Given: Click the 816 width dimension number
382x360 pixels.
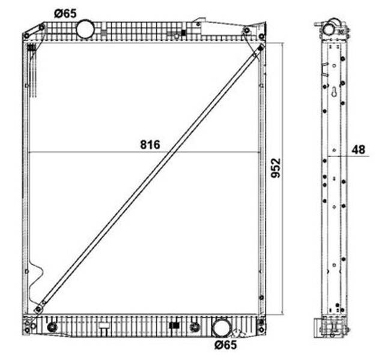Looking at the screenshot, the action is (150, 145).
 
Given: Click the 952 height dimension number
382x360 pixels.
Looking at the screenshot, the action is (276, 168).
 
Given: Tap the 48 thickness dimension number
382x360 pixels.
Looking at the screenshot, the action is (359, 149).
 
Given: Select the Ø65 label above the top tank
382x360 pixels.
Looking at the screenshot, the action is (65, 13).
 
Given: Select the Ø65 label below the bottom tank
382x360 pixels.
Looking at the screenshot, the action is (226, 344).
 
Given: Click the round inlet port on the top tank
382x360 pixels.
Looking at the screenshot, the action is (85, 29).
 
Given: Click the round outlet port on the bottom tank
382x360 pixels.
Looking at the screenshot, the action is (222, 328).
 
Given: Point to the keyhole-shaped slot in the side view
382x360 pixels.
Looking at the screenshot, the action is (335, 92).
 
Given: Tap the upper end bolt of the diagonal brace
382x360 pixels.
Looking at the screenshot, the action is (261, 48).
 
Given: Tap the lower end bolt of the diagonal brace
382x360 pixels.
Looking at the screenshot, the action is (38, 310).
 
